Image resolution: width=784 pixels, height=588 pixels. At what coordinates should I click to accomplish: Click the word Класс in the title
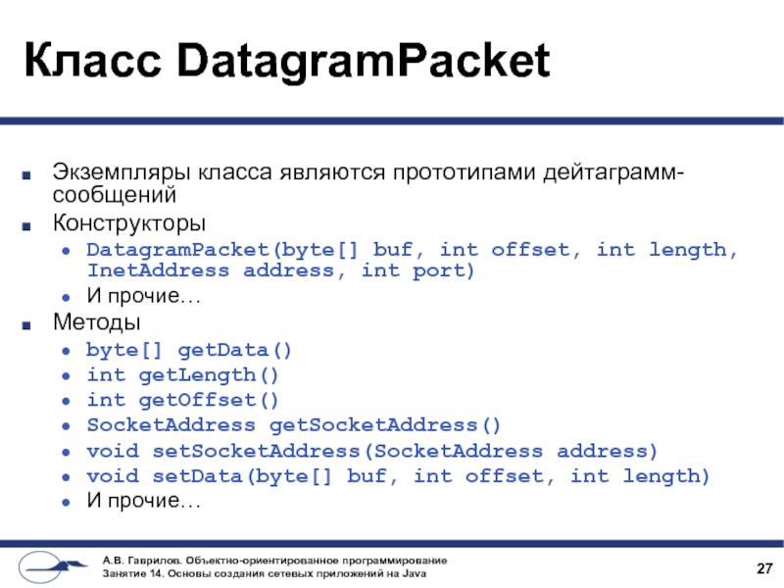82,62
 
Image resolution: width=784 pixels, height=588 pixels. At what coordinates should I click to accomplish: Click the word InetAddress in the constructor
158,270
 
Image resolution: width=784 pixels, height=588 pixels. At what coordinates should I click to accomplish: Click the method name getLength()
210,374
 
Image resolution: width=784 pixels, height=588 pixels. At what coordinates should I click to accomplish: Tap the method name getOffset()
210,400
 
